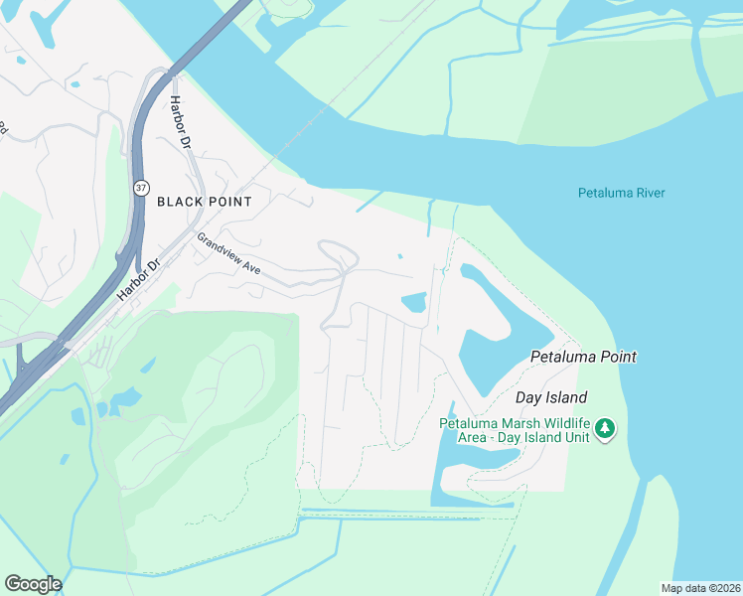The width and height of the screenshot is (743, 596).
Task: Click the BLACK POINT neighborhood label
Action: pyautogui.click(x=204, y=202)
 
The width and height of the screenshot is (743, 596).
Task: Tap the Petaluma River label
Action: pyautogui.click(x=621, y=193)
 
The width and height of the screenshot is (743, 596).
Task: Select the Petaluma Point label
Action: pyautogui.click(x=583, y=357)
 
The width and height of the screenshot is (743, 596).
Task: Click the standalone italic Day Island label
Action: pyautogui.click(x=551, y=397)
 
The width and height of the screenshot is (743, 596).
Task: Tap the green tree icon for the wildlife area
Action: pyautogui.click(x=605, y=430)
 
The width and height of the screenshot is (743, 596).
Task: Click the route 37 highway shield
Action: pyautogui.click(x=140, y=187)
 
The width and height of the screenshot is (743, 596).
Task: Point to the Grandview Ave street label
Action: pyautogui.click(x=227, y=255)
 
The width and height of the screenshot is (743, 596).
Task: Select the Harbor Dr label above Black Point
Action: pyautogui.click(x=179, y=123)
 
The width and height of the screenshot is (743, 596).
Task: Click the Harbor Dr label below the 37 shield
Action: pyautogui.click(x=138, y=281)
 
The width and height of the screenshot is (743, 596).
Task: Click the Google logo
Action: pyautogui.click(x=33, y=584)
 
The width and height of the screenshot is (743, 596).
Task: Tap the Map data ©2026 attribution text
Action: pyautogui.click(x=701, y=588)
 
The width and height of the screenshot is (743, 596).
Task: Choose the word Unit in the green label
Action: pyautogui.click(x=576, y=437)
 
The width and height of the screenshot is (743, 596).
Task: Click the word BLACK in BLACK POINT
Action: pyautogui.click(x=179, y=202)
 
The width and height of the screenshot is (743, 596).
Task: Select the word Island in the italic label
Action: pyautogui.click(x=565, y=397)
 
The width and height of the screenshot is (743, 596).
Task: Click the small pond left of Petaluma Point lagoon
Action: pyautogui.click(x=412, y=301)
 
